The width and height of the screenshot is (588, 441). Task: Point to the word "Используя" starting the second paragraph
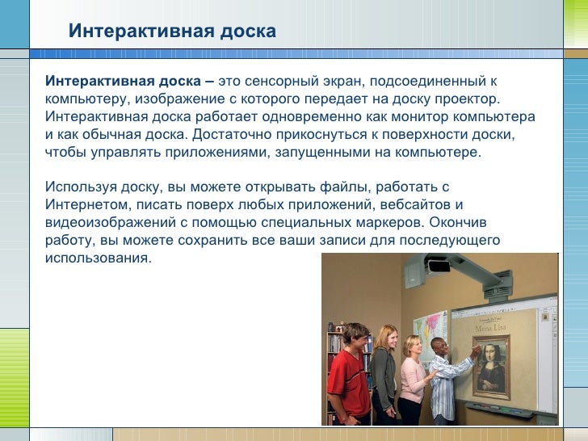80,187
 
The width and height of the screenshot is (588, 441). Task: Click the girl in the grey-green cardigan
384,376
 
